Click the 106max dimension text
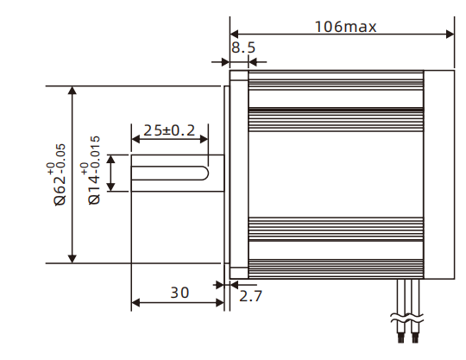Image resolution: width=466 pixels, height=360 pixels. pyautogui.click(x=345, y=26)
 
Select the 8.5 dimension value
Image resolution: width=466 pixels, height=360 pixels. pyautogui.click(x=243, y=48)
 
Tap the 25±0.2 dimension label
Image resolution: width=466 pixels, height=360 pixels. pyautogui.click(x=169, y=131)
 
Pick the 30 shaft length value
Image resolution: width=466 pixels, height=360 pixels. pyautogui.click(x=179, y=293)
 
